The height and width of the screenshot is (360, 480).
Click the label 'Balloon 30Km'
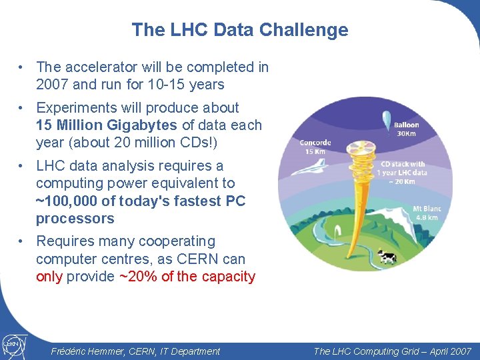[x=406, y=129]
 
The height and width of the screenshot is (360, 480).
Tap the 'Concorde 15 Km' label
[x=315, y=147]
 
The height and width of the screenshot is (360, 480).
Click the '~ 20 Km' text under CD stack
[x=402, y=181]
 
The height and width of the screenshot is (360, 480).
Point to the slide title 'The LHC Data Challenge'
[x=240, y=30]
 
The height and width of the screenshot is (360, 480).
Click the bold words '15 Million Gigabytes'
[x=107, y=125]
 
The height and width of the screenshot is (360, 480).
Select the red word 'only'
[x=49, y=277]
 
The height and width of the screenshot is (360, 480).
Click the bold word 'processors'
[x=75, y=219]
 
